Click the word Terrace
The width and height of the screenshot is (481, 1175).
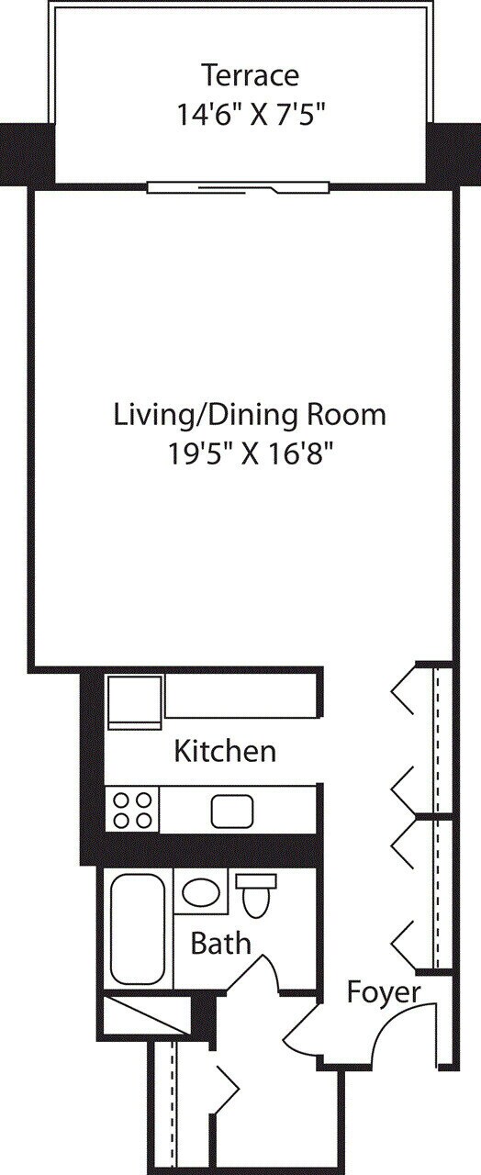[x=250, y=74]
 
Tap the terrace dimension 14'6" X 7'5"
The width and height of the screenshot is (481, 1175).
[x=250, y=115]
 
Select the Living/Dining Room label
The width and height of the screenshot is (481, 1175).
[x=250, y=415]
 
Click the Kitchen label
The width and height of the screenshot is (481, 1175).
[x=225, y=752]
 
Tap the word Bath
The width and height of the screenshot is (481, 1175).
[x=220, y=944]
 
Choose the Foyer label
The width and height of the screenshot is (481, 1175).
[x=384, y=992]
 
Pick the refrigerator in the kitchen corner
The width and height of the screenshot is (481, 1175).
[x=134, y=702]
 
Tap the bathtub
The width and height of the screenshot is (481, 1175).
[x=137, y=928]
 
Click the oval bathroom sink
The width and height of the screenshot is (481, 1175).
[x=198, y=891]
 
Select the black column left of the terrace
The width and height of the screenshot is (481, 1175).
[x=26, y=153]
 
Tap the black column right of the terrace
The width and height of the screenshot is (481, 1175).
[x=454, y=153]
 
